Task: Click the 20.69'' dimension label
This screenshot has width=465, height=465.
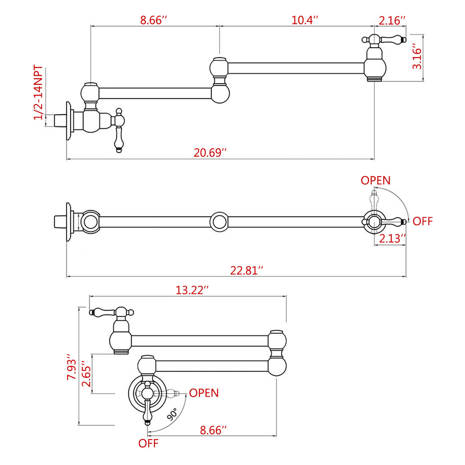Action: click(x=210, y=152)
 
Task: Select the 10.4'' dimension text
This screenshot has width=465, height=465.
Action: click(x=304, y=20)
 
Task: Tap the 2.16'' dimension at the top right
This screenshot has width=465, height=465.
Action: click(x=392, y=20)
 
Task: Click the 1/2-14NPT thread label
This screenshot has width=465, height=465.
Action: click(x=38, y=92)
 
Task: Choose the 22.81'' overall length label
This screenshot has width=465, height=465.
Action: click(x=246, y=270)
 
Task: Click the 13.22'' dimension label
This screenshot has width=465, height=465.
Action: click(x=192, y=290)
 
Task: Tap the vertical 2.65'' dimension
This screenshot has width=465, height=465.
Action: click(x=86, y=374)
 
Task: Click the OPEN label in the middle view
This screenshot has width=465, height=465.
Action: click(x=375, y=181)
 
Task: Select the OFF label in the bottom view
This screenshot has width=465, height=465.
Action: click(x=148, y=443)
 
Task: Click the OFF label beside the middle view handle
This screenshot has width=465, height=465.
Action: click(x=423, y=221)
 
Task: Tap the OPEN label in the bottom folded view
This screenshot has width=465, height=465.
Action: click(x=204, y=393)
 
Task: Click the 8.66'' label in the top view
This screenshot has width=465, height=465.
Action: click(x=154, y=20)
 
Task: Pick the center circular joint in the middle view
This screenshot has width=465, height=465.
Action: click(x=219, y=221)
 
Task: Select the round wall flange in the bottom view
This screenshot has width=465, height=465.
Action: click(x=146, y=393)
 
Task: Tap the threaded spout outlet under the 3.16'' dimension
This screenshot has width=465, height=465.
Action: click(x=375, y=79)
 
